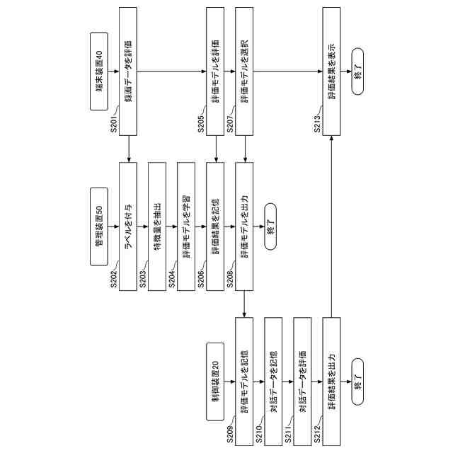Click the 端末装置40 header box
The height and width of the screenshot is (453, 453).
[100, 69]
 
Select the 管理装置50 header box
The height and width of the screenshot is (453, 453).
[100, 226]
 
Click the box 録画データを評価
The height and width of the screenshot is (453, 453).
[128, 71]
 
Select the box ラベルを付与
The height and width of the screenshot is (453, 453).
[128, 226]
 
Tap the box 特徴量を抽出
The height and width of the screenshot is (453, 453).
[157, 226]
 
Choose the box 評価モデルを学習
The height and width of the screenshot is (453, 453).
[186, 226]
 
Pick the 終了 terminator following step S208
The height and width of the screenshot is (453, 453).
[273, 226]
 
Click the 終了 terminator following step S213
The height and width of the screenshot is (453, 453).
[358, 71]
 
